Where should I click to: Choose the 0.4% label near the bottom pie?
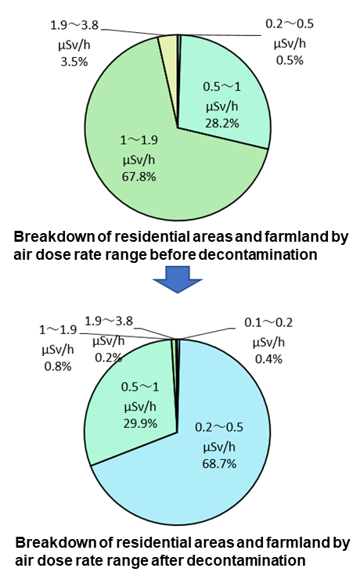point(265,358)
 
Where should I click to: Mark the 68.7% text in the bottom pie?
point(220,463)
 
